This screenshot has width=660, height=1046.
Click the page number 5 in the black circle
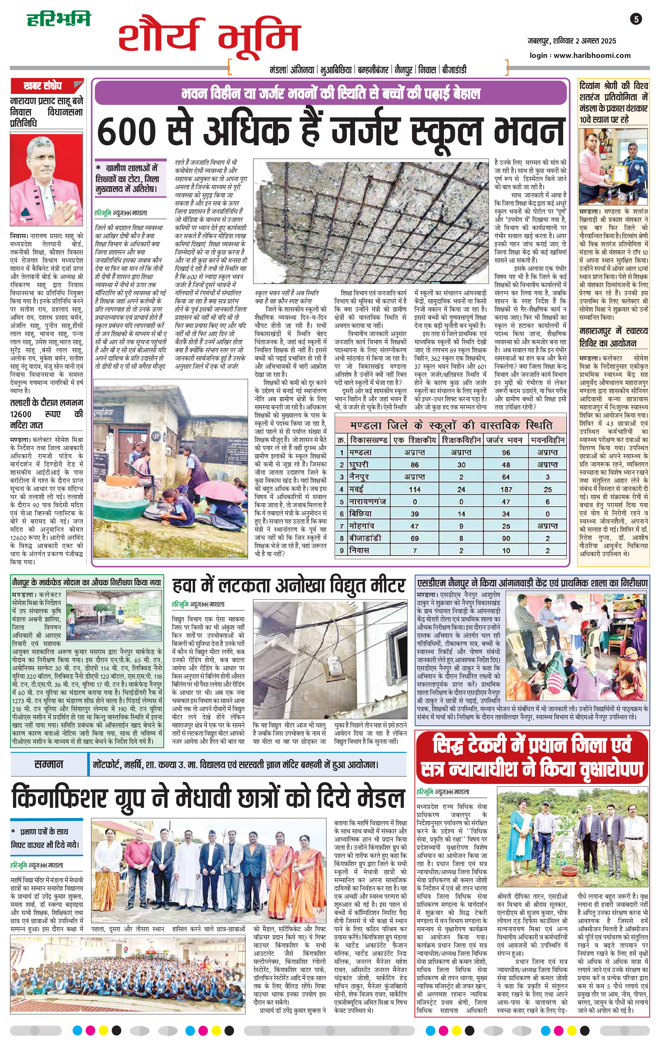coord(636,19)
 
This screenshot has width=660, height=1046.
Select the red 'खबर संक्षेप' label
coord(42,85)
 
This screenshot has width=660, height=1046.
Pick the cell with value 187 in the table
coord(506,489)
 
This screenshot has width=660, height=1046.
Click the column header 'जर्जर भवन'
coord(504,440)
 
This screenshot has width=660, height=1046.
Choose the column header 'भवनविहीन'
coord(547,440)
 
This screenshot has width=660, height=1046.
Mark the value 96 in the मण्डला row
coord(506,452)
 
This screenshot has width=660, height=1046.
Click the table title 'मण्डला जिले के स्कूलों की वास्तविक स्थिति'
coord(451,424)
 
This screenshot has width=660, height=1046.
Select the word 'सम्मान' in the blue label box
coord(49,764)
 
